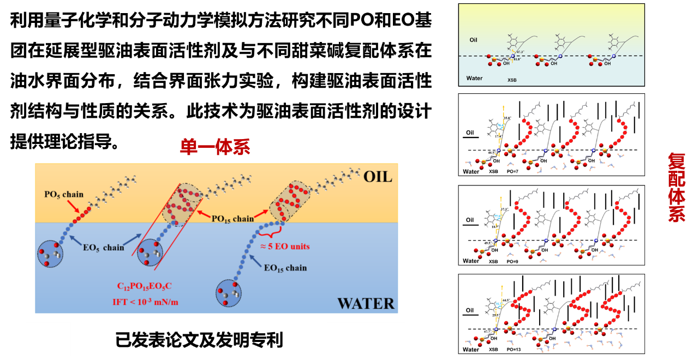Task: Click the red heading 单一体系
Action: tap(215, 147)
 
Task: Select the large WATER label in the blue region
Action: tap(366, 303)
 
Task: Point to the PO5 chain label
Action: tap(64, 194)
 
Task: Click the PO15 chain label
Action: tap(234, 218)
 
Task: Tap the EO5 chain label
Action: tap(104, 247)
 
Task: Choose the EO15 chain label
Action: tap(285, 268)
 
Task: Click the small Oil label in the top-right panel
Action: tap(473, 40)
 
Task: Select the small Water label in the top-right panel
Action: tap(475, 78)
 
